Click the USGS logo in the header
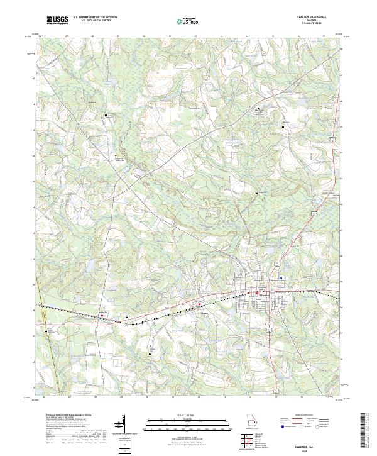pos(58,21)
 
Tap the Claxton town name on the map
pos(264,296)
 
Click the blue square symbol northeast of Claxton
pos(281,278)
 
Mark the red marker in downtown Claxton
pos(256,292)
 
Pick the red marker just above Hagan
pos(200,305)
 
